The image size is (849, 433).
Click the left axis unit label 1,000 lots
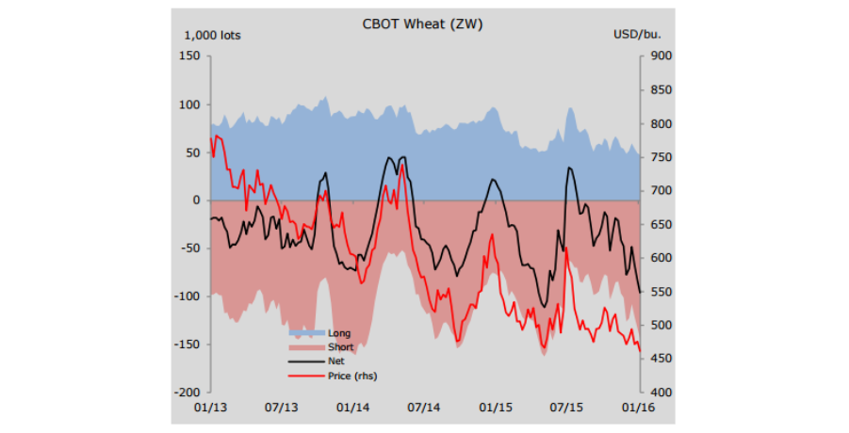pos(212,35)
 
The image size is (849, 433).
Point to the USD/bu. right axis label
pos(637,35)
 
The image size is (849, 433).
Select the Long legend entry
pos(339,333)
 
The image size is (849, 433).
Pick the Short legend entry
pos(341,347)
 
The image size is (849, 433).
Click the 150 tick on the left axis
pos(188,56)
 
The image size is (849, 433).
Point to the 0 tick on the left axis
pos(195,200)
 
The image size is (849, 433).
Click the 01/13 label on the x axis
pos(209,408)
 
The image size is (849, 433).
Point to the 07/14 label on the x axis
pos(424,408)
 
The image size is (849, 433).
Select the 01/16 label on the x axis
pos(640,408)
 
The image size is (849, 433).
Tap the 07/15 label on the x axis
pos(567,408)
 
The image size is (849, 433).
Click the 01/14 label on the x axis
pos(352,408)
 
